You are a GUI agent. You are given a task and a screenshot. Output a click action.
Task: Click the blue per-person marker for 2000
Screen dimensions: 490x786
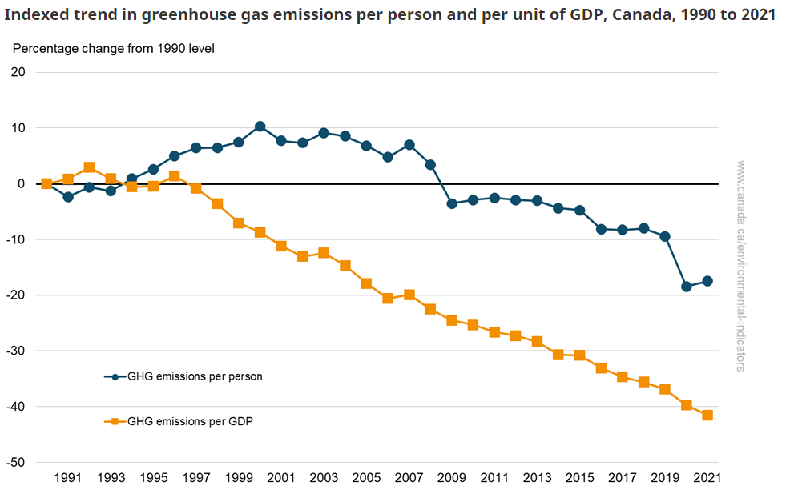coord(260,127)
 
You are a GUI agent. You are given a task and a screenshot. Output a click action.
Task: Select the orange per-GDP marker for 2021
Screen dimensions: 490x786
coord(707,416)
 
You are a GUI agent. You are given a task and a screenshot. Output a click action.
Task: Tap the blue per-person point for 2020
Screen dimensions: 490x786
coord(686,287)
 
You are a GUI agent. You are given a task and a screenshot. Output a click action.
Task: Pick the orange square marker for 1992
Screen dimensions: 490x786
coord(89,167)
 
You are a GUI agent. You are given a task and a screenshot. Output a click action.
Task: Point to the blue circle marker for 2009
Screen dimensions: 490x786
coord(452,203)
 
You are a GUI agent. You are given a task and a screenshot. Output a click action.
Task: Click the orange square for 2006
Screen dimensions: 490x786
coord(388,299)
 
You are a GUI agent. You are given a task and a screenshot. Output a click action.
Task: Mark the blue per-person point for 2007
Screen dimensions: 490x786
coord(409,145)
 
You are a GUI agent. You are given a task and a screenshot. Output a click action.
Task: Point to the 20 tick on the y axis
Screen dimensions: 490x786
coord(18,72)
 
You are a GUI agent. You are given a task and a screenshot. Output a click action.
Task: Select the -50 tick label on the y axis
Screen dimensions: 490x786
coord(16,463)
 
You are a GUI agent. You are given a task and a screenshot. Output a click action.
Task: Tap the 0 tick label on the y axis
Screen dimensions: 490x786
coord(22,184)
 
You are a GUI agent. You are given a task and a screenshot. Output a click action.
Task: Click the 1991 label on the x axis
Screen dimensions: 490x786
coord(68,478)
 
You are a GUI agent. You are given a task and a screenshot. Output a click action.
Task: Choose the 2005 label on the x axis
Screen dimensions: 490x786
coord(366,478)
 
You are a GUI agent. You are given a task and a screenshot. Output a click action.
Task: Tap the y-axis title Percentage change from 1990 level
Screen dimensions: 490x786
coord(113,48)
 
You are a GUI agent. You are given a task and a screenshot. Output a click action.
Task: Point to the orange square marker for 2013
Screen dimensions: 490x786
coord(537,341)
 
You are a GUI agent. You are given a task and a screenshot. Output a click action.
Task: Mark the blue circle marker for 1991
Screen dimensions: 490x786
coord(68,196)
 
